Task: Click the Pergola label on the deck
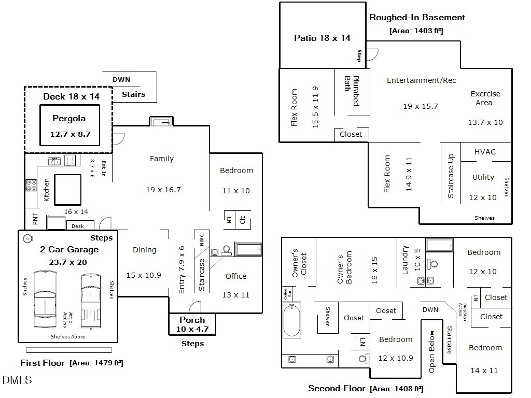click(68, 119)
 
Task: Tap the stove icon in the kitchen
click(30, 185)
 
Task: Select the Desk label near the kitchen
click(78, 226)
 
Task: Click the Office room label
click(236, 276)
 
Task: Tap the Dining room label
click(144, 250)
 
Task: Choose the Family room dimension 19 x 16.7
click(163, 190)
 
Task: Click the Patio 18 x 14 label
click(322, 38)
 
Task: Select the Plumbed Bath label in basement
click(352, 91)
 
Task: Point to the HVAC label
click(485, 152)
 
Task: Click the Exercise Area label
click(485, 98)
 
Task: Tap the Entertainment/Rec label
click(421, 80)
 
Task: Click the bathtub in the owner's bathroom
click(293, 320)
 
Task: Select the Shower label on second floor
click(327, 316)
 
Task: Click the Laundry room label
click(406, 259)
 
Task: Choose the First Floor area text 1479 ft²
click(96, 363)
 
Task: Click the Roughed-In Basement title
click(417, 17)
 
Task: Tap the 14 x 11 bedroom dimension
click(483, 371)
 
